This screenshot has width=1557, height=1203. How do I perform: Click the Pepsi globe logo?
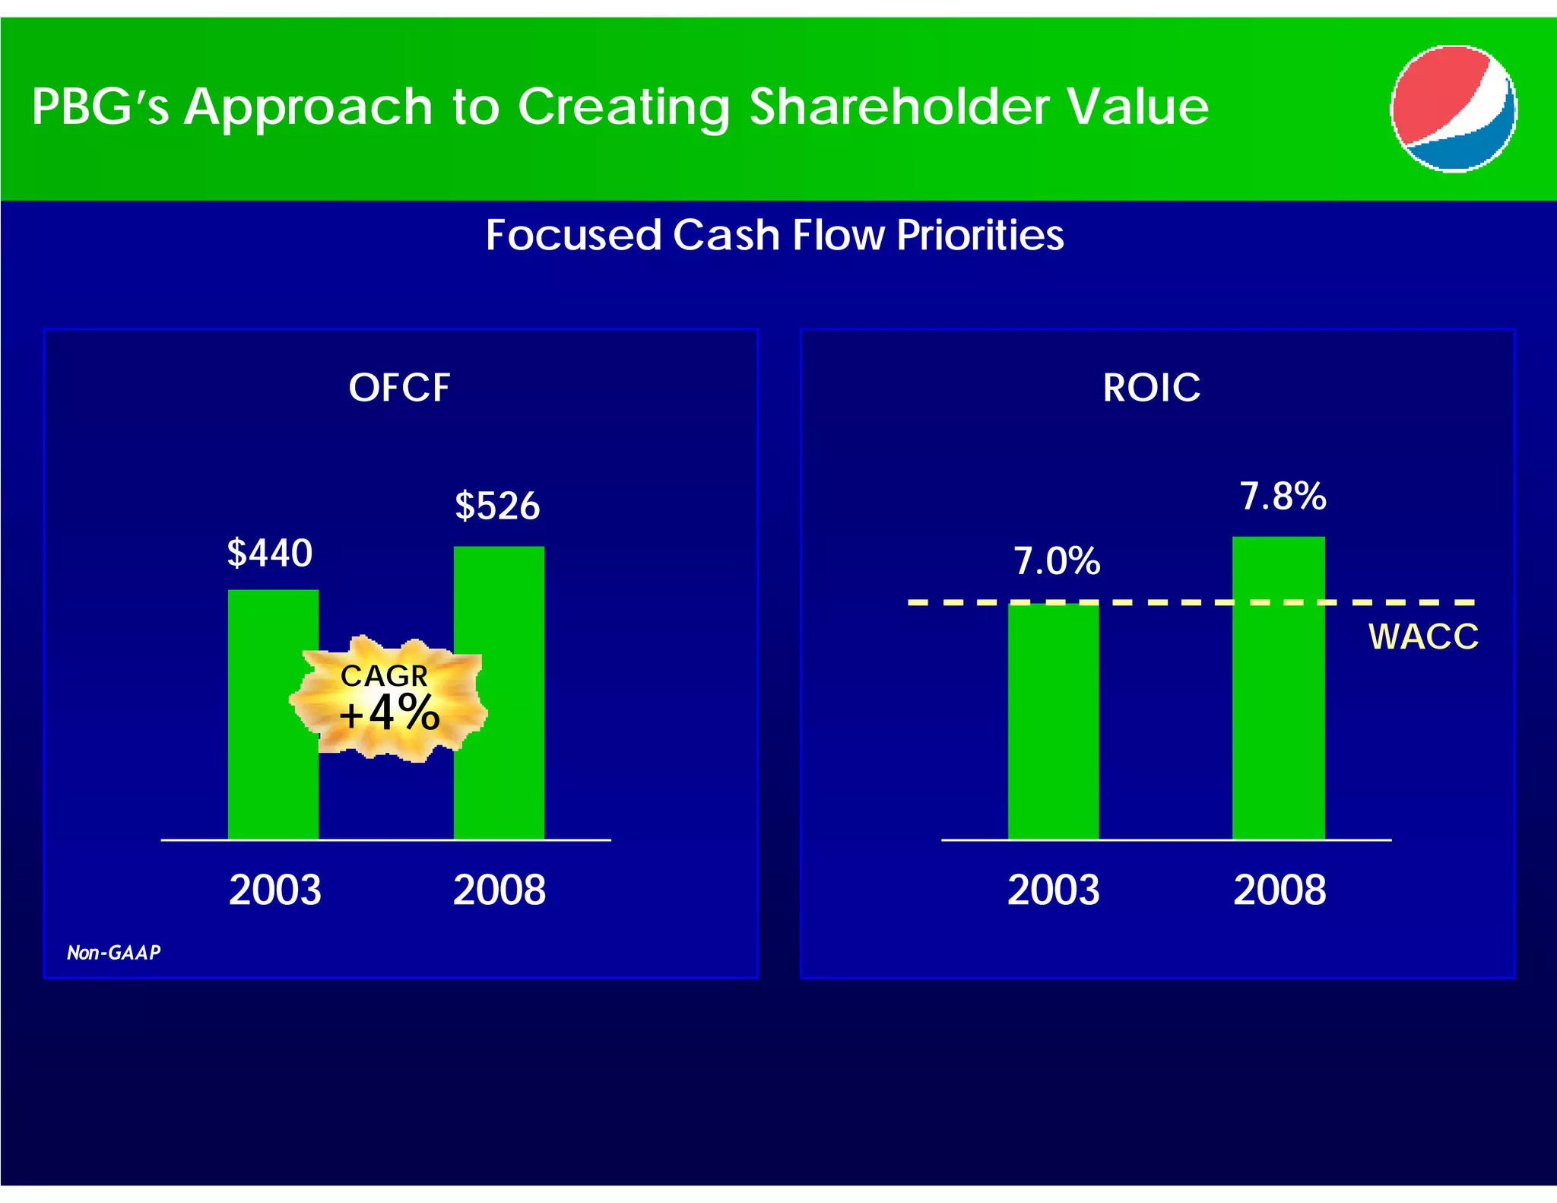pyautogui.click(x=1453, y=109)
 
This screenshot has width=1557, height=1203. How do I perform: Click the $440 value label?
pyautogui.click(x=270, y=553)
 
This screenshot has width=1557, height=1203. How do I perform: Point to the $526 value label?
pyautogui.click(x=497, y=506)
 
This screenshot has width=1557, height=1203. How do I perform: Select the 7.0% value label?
pyautogui.click(x=1057, y=561)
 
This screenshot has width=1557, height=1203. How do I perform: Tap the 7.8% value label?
pyautogui.click(x=1283, y=496)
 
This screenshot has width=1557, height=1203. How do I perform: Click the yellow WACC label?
pyautogui.click(x=1423, y=636)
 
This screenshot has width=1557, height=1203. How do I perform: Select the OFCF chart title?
pyautogui.click(x=399, y=387)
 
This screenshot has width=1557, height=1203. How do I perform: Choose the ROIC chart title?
pyautogui.click(x=1151, y=387)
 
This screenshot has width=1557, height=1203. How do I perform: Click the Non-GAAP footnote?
pyautogui.click(x=114, y=953)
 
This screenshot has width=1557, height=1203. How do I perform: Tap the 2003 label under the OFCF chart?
pyautogui.click(x=274, y=889)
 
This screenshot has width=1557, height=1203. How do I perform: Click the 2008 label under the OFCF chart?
pyautogui.click(x=499, y=889)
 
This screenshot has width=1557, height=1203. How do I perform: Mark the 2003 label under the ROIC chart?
pyautogui.click(x=1053, y=889)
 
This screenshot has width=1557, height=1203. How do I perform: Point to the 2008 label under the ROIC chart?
pyautogui.click(x=1279, y=889)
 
